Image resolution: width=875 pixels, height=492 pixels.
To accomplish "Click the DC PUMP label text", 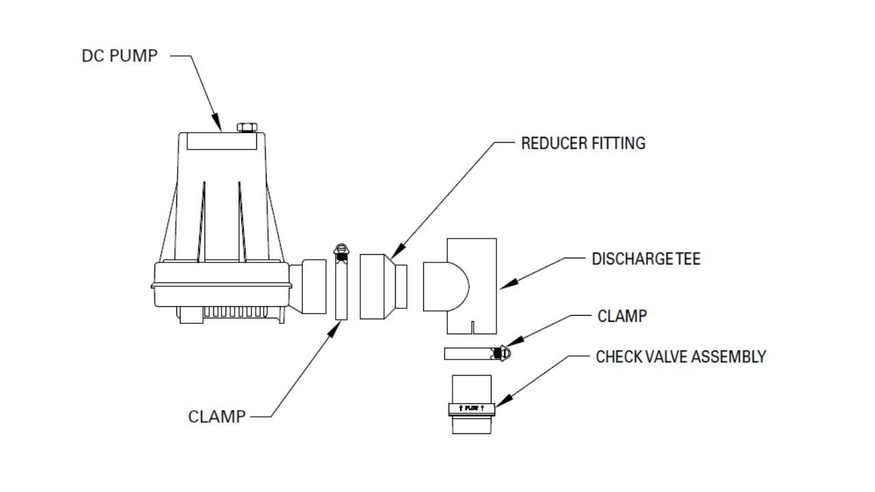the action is [120, 56].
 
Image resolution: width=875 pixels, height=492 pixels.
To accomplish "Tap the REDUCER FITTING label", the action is [583, 143].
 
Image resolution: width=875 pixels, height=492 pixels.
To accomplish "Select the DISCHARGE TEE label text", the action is [646, 259].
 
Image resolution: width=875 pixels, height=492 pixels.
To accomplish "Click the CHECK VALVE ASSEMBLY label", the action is [681, 357].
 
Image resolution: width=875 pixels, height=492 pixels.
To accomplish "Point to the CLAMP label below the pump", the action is [217, 417].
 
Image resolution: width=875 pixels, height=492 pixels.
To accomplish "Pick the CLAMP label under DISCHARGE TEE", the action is [622, 316].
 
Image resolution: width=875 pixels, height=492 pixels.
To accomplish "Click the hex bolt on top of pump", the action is [247, 127].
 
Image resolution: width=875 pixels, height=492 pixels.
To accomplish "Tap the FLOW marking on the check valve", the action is [472, 408].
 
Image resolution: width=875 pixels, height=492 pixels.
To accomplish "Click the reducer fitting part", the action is [383, 286].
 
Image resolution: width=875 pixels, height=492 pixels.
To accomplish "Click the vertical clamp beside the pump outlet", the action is [341, 282].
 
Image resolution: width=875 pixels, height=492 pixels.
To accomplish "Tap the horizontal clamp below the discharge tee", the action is [477, 353].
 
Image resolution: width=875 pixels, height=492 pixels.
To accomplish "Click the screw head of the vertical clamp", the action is [341, 250].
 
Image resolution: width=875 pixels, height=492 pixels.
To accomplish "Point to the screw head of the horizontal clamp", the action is [504, 353].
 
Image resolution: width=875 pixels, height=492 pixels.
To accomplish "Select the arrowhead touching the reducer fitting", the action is [398, 252].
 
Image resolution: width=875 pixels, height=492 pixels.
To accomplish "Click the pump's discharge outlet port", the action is [308, 286].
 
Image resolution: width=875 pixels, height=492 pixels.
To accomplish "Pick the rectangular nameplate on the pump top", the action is [221, 141].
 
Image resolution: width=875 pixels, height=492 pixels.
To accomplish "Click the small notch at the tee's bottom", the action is [472, 327].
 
